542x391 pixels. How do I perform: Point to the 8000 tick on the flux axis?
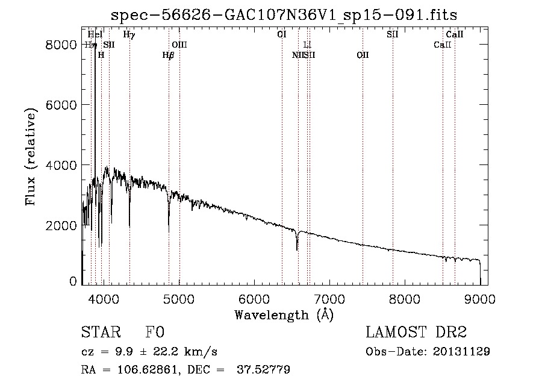63,45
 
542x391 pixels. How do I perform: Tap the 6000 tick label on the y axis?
63,105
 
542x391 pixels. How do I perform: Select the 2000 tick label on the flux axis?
63,225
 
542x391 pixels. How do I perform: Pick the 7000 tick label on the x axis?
329,298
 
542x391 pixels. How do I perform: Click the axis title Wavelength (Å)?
284,314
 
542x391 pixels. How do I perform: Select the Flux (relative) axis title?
31,156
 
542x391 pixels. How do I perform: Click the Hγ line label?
129,35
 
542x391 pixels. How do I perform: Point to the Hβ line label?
168,55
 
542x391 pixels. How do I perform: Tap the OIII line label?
179,45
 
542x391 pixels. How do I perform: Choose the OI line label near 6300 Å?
282,35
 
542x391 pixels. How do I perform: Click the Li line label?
307,45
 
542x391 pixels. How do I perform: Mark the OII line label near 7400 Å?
363,55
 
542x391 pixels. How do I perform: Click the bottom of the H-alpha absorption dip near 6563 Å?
296,249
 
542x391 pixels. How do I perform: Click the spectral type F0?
155,333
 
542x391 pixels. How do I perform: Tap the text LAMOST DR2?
416,333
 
